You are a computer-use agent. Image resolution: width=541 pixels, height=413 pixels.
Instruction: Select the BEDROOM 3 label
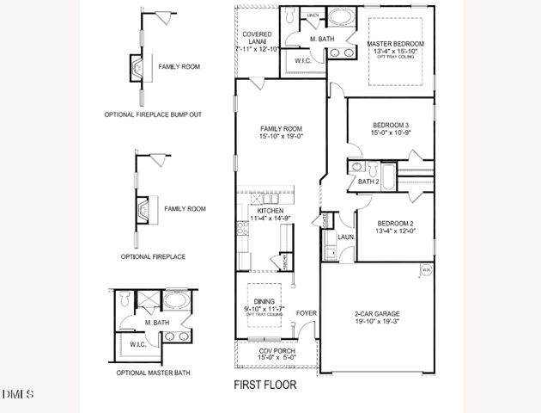tap(379, 123)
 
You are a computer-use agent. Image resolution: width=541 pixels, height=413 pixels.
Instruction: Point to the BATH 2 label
tap(368, 182)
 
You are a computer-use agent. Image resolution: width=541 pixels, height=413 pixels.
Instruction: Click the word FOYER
tap(306, 312)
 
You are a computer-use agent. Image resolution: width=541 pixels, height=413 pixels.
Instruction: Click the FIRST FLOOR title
tap(265, 385)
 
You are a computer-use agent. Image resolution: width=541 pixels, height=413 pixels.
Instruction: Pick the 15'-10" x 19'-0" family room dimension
tap(283, 135)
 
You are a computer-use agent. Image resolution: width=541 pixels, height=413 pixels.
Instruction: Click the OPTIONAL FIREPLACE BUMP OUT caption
tap(153, 114)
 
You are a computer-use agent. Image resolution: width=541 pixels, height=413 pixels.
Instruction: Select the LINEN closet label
tap(313, 15)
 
